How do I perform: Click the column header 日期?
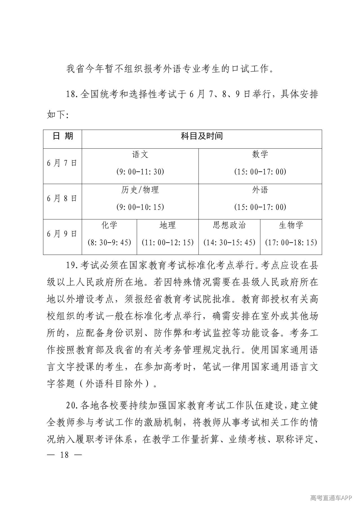(x=63, y=136)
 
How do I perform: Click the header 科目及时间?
(x=202, y=136)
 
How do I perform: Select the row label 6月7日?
(x=62, y=163)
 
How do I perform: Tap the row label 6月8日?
(x=62, y=198)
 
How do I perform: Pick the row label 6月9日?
(x=62, y=234)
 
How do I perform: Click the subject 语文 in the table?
(x=140, y=154)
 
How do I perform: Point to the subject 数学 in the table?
(x=260, y=154)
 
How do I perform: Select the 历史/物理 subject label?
(x=140, y=190)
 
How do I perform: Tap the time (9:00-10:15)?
(x=140, y=207)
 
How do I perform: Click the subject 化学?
(x=109, y=225)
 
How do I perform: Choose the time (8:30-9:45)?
(x=109, y=242)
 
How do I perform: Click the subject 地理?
(x=168, y=225)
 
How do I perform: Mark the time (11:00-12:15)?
(x=168, y=242)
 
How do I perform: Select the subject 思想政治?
(x=229, y=225)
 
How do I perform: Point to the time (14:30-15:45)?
(x=229, y=242)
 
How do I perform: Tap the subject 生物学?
(x=291, y=225)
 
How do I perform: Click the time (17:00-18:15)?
(x=291, y=242)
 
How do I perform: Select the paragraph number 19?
(x=72, y=266)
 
